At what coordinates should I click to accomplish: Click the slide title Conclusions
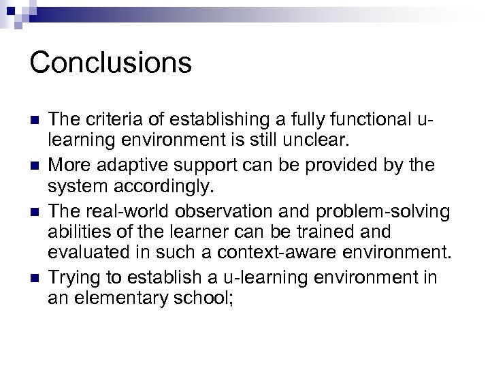coord(111,63)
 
